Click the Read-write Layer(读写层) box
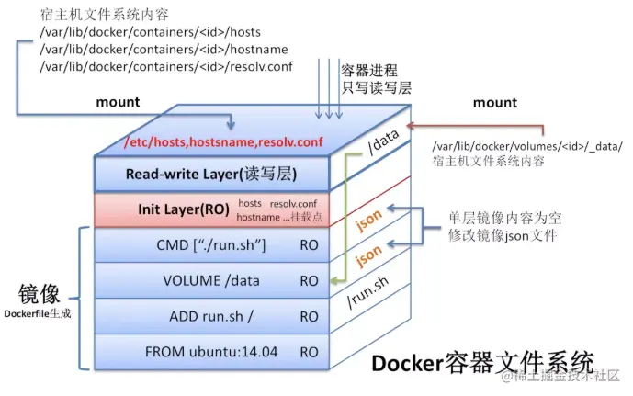click(x=210, y=174)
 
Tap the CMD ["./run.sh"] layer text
click(x=211, y=246)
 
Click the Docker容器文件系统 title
click(x=482, y=361)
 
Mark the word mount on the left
click(x=118, y=102)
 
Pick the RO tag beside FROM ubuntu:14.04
click(x=309, y=351)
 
